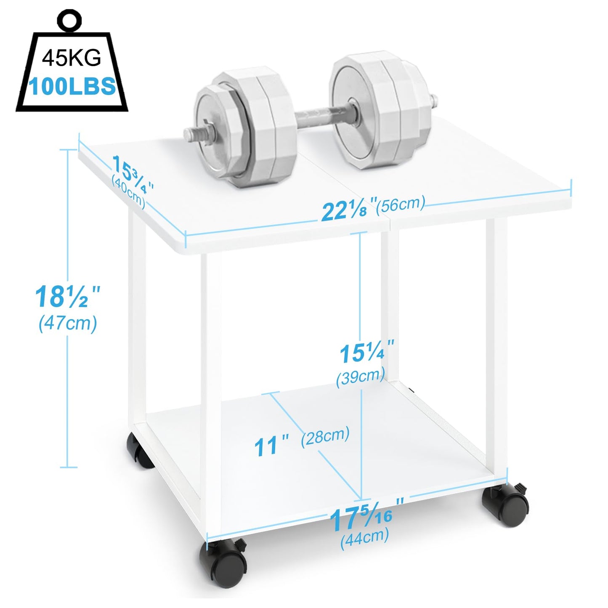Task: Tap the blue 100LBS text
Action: click(x=72, y=86)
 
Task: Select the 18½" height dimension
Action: click(x=67, y=297)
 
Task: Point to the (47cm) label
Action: click(x=68, y=324)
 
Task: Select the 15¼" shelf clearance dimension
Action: click(x=366, y=353)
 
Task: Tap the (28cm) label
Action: click(x=325, y=436)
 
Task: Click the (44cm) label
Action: click(x=364, y=536)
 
